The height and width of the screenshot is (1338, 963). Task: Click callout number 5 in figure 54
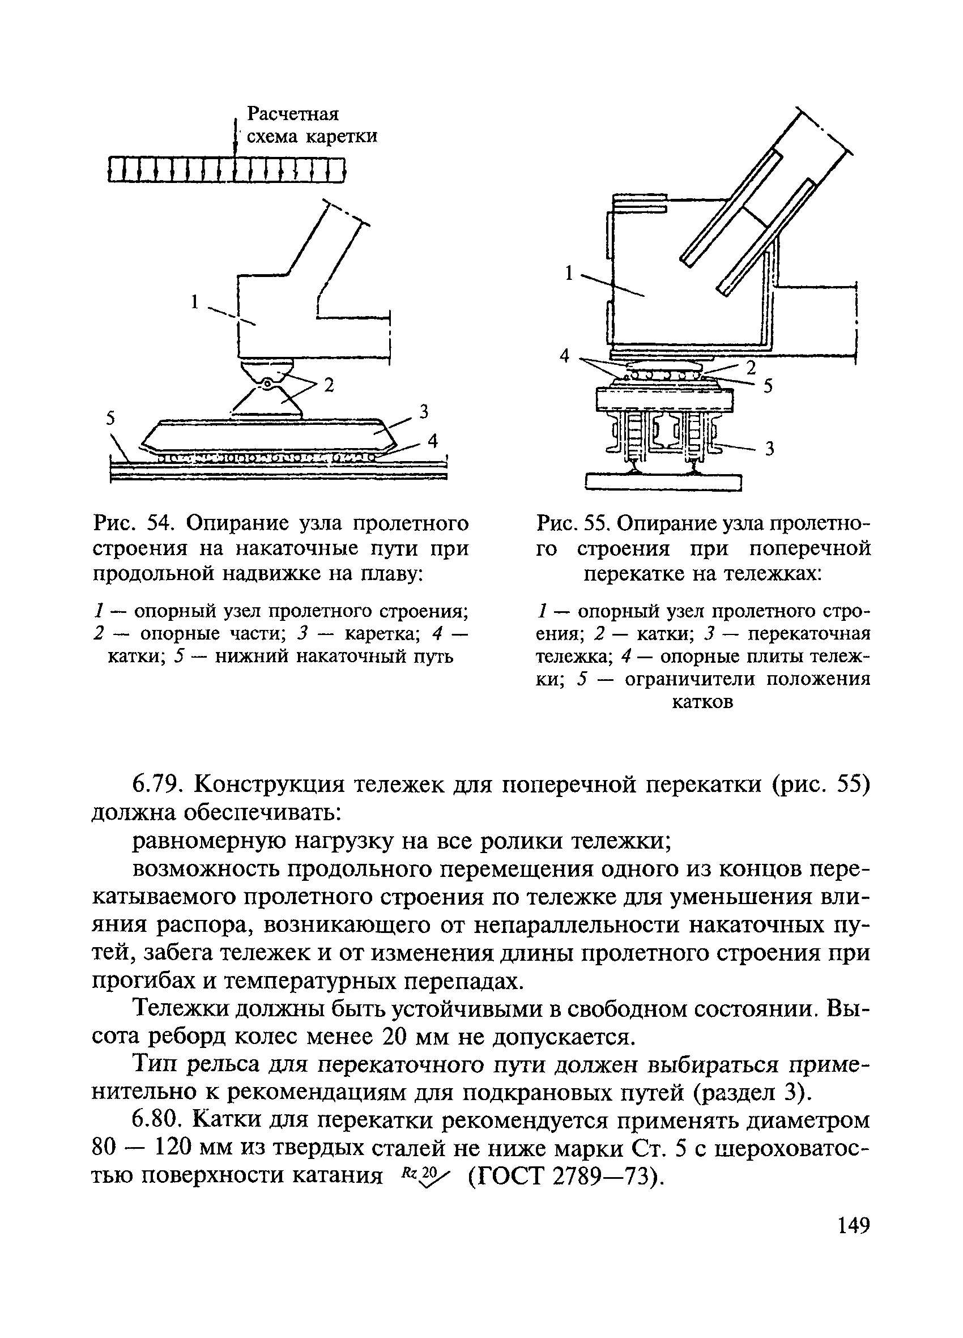110,417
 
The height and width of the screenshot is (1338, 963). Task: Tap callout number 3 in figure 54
423,411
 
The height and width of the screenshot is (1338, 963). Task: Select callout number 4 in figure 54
433,441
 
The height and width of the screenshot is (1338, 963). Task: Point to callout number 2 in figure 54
329,386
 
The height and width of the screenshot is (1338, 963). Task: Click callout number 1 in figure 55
569,273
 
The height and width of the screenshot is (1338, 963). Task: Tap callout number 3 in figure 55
769,450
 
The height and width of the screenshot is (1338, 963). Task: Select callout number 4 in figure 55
565,356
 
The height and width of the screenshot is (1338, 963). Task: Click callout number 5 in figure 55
768,386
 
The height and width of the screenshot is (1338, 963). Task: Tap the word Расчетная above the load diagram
293,113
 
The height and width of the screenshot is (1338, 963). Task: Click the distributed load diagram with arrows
227,170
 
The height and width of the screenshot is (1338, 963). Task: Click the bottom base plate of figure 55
663,483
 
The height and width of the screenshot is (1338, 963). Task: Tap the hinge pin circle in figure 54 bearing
267,384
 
